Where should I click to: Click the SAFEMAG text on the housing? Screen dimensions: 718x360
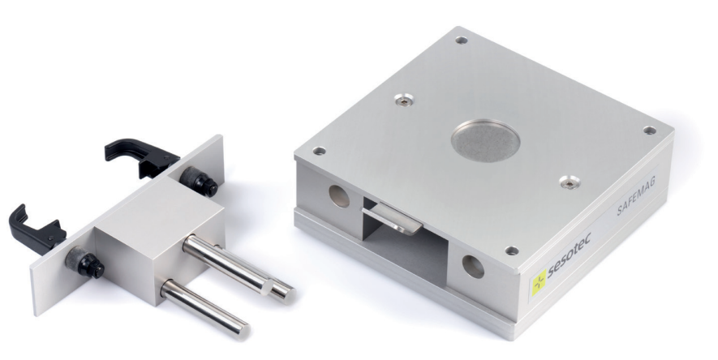(x=636, y=195)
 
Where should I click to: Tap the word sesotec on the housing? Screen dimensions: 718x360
(x=569, y=255)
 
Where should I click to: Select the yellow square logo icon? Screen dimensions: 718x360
(x=539, y=282)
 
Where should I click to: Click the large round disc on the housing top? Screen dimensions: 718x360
(x=485, y=140)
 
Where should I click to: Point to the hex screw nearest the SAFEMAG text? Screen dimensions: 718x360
(x=570, y=182)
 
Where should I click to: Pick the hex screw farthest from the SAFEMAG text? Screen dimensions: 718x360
(x=404, y=100)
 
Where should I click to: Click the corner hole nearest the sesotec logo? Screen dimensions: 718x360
(x=511, y=251)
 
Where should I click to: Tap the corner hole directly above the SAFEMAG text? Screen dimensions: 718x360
(x=649, y=131)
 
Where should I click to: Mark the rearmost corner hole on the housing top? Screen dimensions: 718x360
(x=461, y=41)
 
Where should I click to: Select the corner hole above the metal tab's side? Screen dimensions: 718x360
(x=319, y=151)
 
